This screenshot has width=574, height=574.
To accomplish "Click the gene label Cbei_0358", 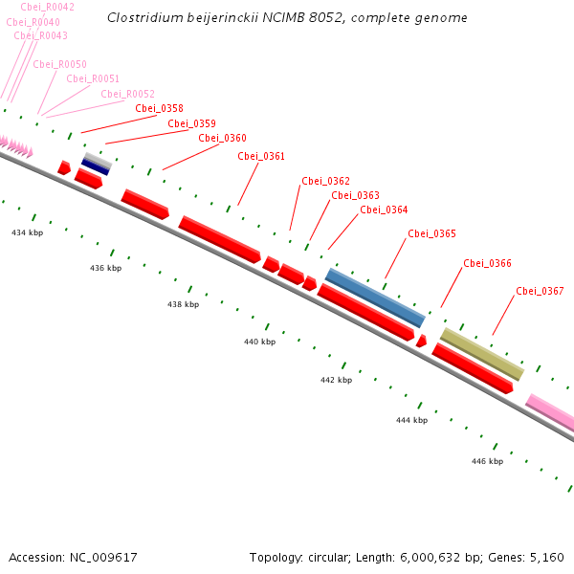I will point(159,108).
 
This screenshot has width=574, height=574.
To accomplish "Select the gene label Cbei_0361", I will point(261,156).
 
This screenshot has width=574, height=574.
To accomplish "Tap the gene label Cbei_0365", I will point(431,233).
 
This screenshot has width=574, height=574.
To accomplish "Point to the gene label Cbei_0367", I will point(540,291).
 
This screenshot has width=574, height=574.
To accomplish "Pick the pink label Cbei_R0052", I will point(127,94).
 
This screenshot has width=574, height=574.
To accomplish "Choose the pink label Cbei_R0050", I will point(59,64).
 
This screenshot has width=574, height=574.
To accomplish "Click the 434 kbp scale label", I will point(28,232).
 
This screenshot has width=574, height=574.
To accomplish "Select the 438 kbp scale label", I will point(183,304).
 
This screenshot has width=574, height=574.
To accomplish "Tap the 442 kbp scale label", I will point(336,380).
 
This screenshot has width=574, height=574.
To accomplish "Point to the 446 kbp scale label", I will point(487,461).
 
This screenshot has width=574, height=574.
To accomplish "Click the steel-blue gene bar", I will point(375,298).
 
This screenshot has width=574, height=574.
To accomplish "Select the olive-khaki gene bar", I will point(482,354).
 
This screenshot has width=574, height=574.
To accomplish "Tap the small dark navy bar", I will point(95,166).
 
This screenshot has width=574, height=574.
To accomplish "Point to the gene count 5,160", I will point(546,557).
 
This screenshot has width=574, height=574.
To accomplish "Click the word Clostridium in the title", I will point(141,17).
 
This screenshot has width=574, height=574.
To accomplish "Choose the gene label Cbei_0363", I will point(355,195).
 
